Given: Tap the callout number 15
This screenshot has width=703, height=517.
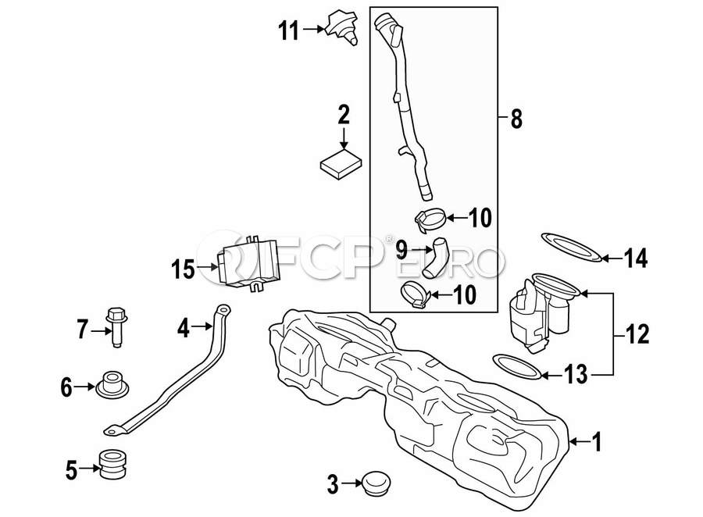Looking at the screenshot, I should [183, 269].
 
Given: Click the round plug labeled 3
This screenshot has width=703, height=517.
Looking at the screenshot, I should [372, 483].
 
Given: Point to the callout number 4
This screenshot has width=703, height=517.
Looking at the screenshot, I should [184, 328].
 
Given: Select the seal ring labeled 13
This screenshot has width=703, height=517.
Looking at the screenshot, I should [516, 365].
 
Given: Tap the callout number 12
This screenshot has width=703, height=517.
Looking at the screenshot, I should [638, 334].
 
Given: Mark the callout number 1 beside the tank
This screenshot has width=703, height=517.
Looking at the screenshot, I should [597, 444].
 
